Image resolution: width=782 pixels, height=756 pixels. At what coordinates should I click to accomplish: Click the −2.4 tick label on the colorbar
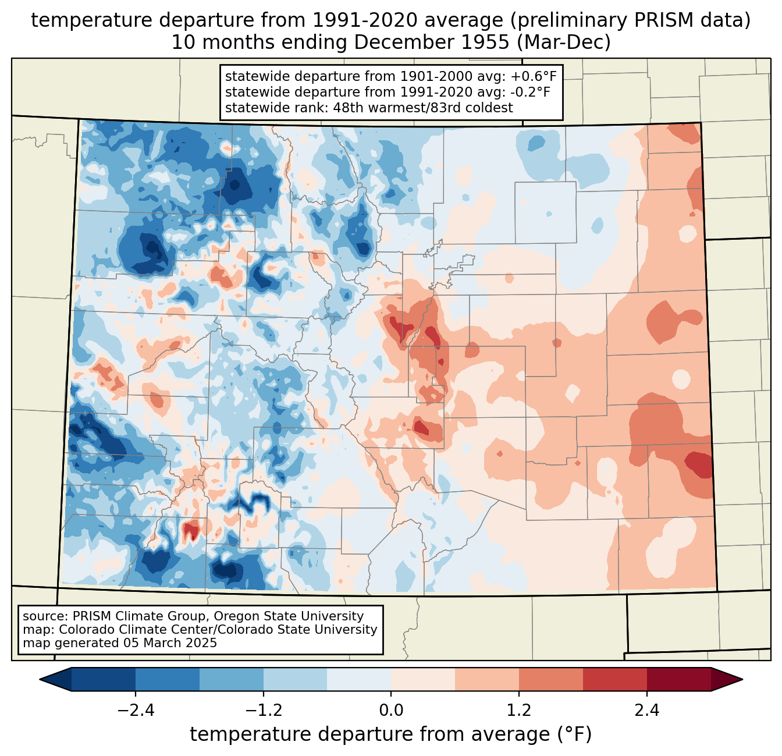[136, 711]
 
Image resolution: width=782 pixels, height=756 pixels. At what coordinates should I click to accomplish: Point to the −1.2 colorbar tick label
[263, 711]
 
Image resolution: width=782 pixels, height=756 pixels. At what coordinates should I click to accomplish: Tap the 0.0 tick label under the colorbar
[391, 711]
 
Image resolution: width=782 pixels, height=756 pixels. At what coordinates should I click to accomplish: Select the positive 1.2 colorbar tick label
[519, 711]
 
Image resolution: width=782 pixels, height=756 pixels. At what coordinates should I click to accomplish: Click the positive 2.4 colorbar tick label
[646, 711]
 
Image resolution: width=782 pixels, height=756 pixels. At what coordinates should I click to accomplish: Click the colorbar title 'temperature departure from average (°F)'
[391, 734]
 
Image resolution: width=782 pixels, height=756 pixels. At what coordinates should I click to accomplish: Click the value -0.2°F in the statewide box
[531, 92]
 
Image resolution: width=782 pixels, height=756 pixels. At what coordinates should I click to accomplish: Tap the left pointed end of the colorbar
[40, 680]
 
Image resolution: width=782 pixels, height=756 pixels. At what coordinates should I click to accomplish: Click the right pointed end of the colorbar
[742, 680]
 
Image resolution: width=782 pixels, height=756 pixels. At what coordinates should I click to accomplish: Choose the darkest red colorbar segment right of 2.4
[679, 680]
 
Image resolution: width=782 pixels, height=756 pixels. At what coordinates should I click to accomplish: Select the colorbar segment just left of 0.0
[359, 680]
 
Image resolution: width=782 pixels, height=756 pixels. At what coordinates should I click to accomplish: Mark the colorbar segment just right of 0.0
[423, 680]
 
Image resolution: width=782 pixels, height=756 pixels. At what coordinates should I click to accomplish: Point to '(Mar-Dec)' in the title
[563, 42]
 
